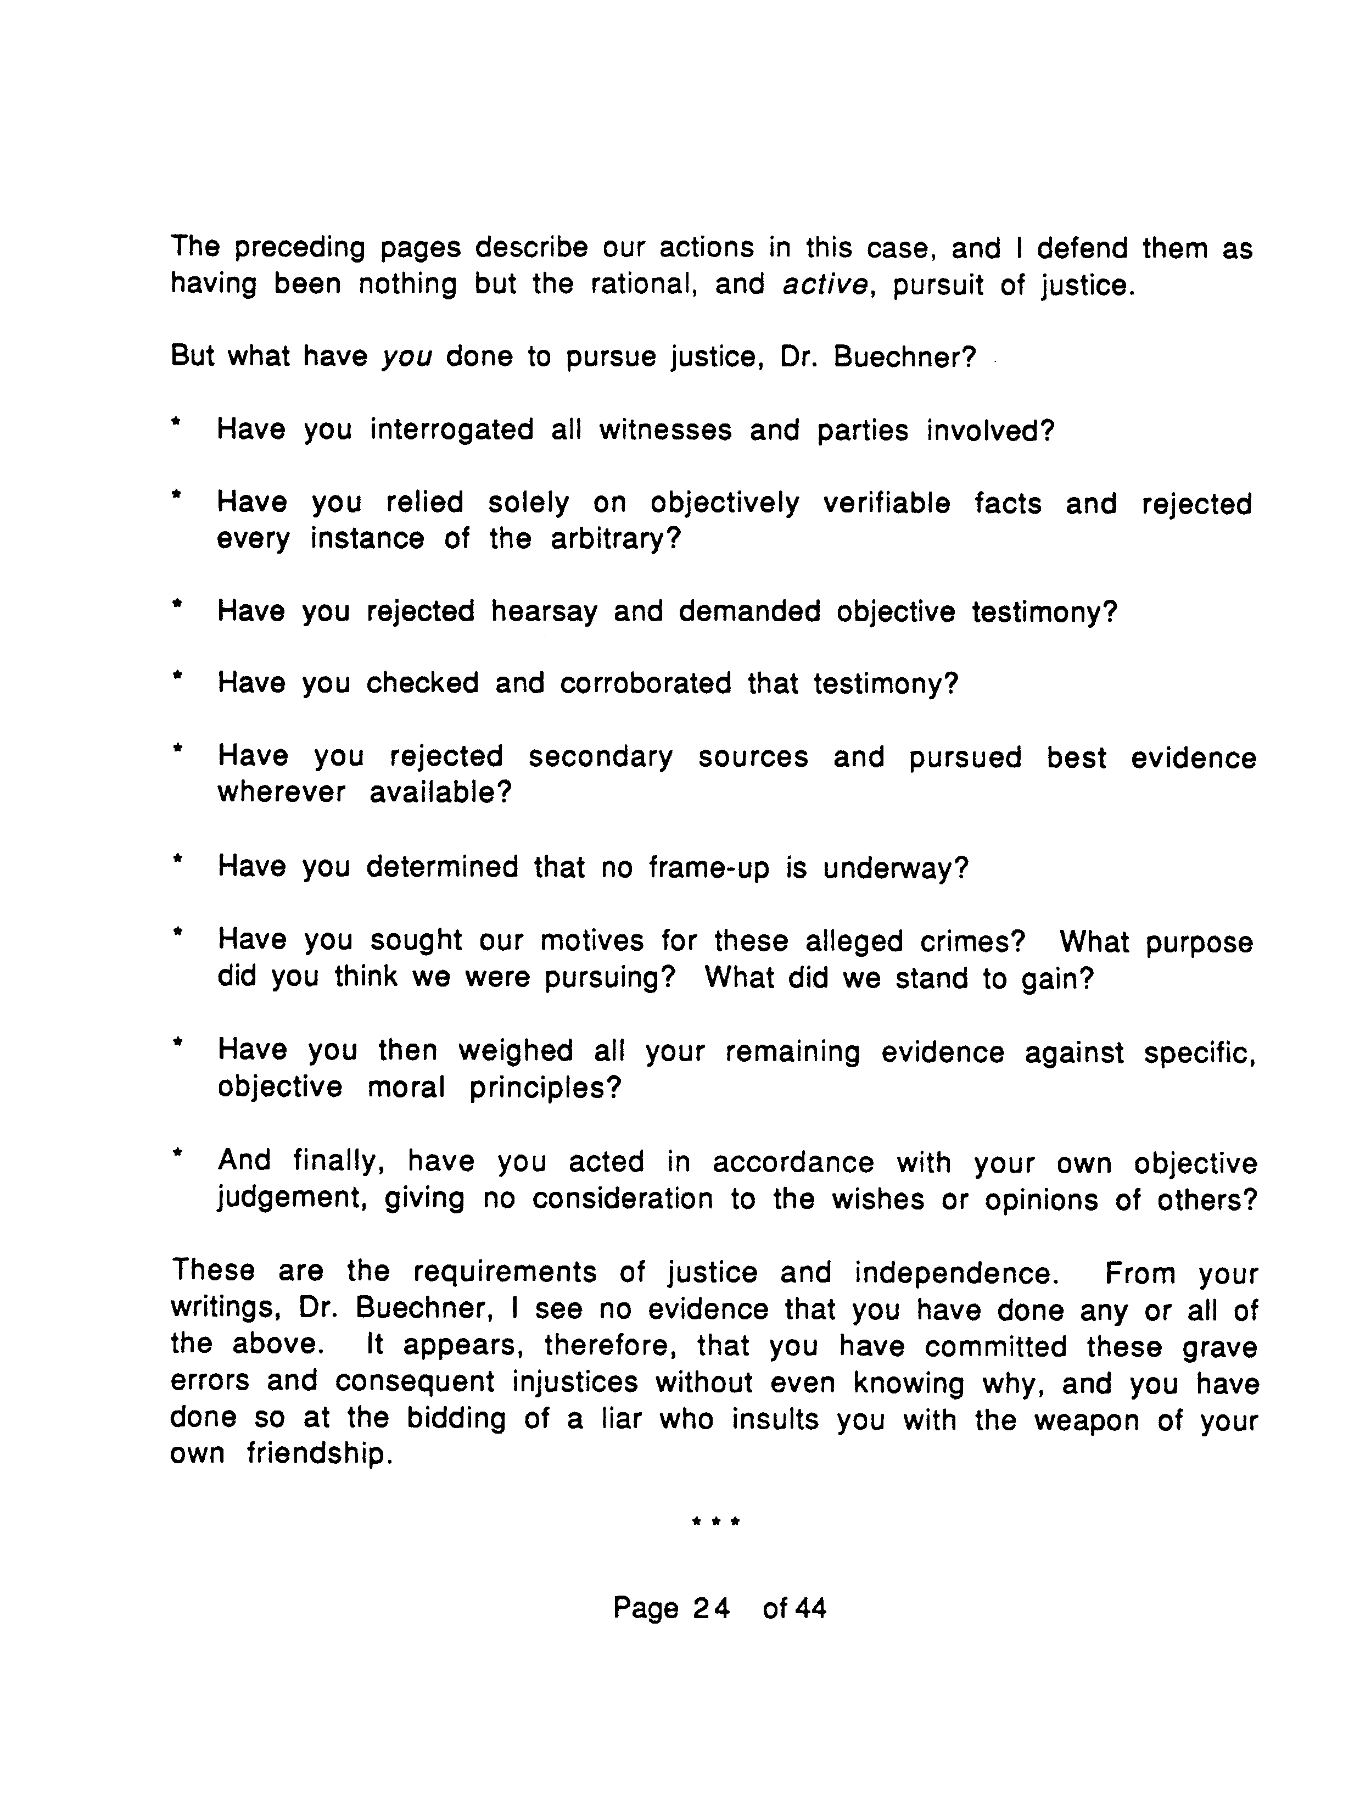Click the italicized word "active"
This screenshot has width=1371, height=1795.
point(824,285)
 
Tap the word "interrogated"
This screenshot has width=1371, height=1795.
point(451,430)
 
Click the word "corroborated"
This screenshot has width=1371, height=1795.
point(646,683)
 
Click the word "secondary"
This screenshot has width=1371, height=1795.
point(601,757)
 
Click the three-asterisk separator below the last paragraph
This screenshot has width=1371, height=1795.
point(715,1521)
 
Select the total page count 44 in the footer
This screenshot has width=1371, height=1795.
point(809,1609)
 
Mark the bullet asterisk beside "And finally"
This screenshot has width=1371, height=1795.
point(175,1154)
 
